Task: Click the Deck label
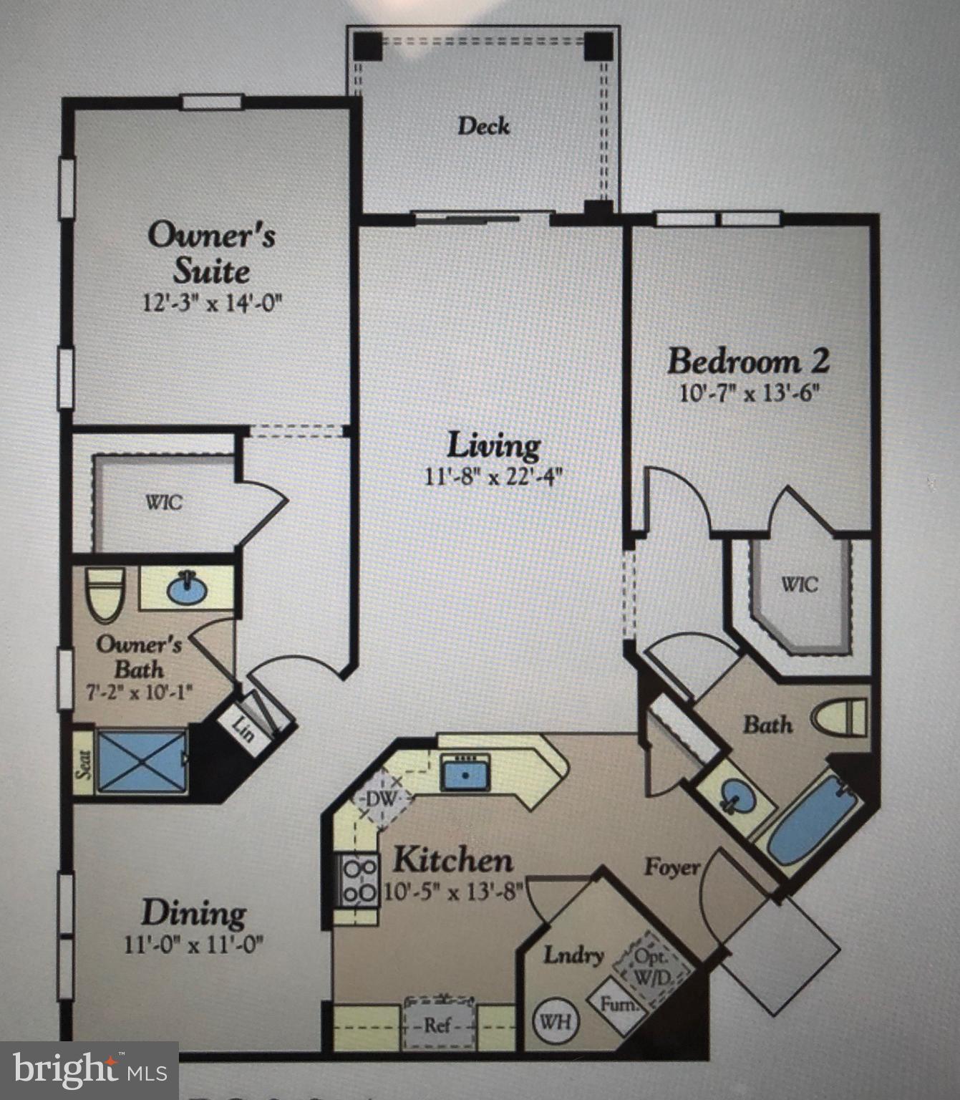coord(484,127)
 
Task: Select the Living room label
coord(494,445)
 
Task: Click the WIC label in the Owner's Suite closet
coord(164,502)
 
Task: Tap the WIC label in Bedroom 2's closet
coord(799,584)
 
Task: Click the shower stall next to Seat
coord(142,761)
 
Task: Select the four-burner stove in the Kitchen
coord(359,880)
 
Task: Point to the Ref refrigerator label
coord(438,1025)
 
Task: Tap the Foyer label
coord(671,867)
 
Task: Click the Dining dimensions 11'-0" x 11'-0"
coord(194,945)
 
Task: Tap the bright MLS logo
coord(89,1070)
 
